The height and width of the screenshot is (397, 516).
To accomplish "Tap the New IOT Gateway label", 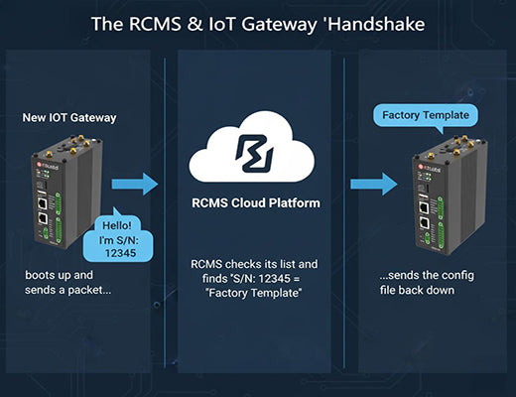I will click(69, 118).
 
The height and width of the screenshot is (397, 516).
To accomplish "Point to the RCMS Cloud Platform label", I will click(258, 204).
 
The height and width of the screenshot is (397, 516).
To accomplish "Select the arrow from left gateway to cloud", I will click(135, 184).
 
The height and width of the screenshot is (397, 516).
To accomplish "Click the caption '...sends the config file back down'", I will click(427, 281).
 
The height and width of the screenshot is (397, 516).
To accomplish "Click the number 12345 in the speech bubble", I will click(121, 255).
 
